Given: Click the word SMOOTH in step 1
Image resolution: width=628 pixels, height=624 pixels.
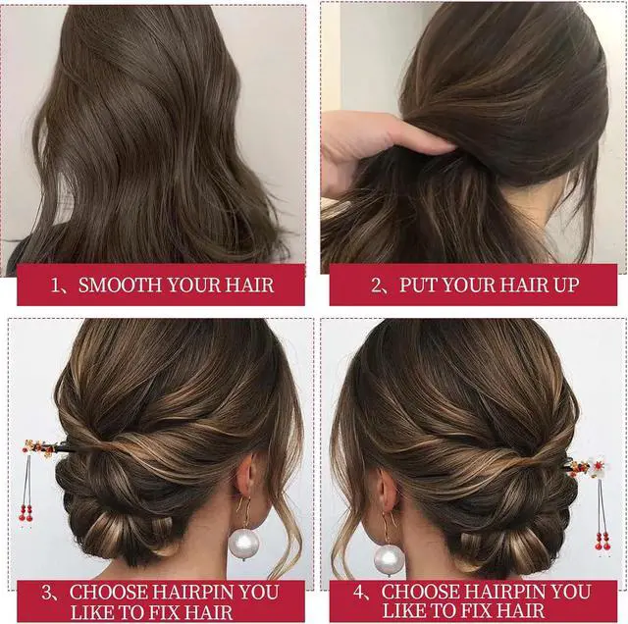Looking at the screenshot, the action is pos(120,285).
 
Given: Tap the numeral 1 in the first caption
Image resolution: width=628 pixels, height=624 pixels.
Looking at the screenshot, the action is pos(55,286).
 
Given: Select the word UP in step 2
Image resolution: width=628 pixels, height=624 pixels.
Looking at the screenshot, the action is pos(566,285).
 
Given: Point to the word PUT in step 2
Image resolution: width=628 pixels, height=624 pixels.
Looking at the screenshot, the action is pos(418,285).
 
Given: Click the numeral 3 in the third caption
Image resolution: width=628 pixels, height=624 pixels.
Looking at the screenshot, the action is pos(46,593).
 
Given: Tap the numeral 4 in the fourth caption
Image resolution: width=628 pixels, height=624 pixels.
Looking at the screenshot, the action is pos(358,593).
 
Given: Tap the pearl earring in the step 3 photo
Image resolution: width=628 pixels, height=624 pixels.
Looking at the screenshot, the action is pos(244,544).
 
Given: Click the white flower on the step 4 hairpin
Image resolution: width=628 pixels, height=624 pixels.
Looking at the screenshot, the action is pos(601,467).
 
